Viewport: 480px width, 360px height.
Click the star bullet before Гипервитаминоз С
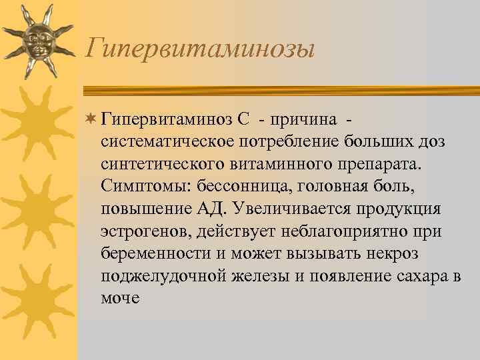(92, 119)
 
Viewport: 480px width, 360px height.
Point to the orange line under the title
(280, 89)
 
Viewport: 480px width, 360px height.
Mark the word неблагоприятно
(340, 231)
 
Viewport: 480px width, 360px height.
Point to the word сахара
(418, 276)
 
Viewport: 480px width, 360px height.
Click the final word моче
(120, 298)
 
